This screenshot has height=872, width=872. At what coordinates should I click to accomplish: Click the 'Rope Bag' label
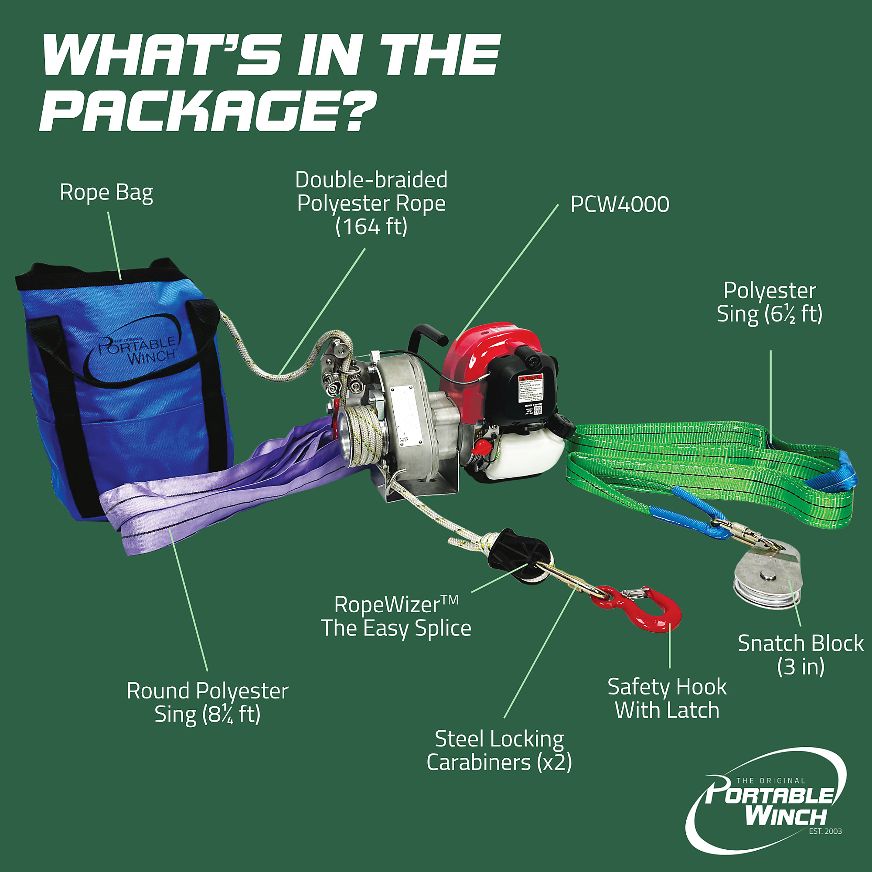point(106,193)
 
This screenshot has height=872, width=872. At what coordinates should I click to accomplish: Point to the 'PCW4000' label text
point(620,204)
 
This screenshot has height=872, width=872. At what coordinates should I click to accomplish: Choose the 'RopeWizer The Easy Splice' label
point(396,616)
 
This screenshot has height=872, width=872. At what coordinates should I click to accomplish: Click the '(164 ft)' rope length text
point(371,227)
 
